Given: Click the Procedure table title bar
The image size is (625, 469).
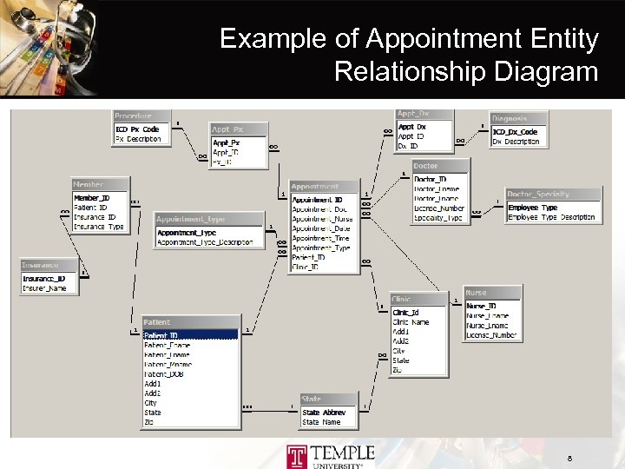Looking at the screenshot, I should tap(138, 116).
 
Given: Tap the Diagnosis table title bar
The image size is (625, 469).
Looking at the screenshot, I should tap(519, 119).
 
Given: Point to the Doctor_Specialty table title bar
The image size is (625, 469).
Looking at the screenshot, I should tap(552, 195).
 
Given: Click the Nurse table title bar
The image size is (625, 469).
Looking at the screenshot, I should tap(491, 294).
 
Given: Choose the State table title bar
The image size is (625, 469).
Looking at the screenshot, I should tap(328, 400).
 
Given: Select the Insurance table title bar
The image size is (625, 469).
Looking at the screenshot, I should tap(49, 265).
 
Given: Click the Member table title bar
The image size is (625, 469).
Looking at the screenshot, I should tap(101, 184).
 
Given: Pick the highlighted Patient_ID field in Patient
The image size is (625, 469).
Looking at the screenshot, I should tap(190, 335).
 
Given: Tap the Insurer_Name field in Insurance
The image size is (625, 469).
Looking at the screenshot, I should tap(44, 287).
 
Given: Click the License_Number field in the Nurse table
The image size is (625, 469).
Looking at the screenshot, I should tap(491, 334).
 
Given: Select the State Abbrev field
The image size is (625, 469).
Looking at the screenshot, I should tap(324, 413).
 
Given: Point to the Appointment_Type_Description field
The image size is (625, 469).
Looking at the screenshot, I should tap(209, 242).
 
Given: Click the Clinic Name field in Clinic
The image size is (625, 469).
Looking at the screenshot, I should tap(411, 322).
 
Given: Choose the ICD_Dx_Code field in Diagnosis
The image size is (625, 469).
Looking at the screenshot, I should tap(515, 132).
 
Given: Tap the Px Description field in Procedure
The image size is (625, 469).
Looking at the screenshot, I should tap(138, 139).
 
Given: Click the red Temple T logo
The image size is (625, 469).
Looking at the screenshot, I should tap(297, 454).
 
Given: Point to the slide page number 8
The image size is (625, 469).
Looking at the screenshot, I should tap(569, 458).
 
